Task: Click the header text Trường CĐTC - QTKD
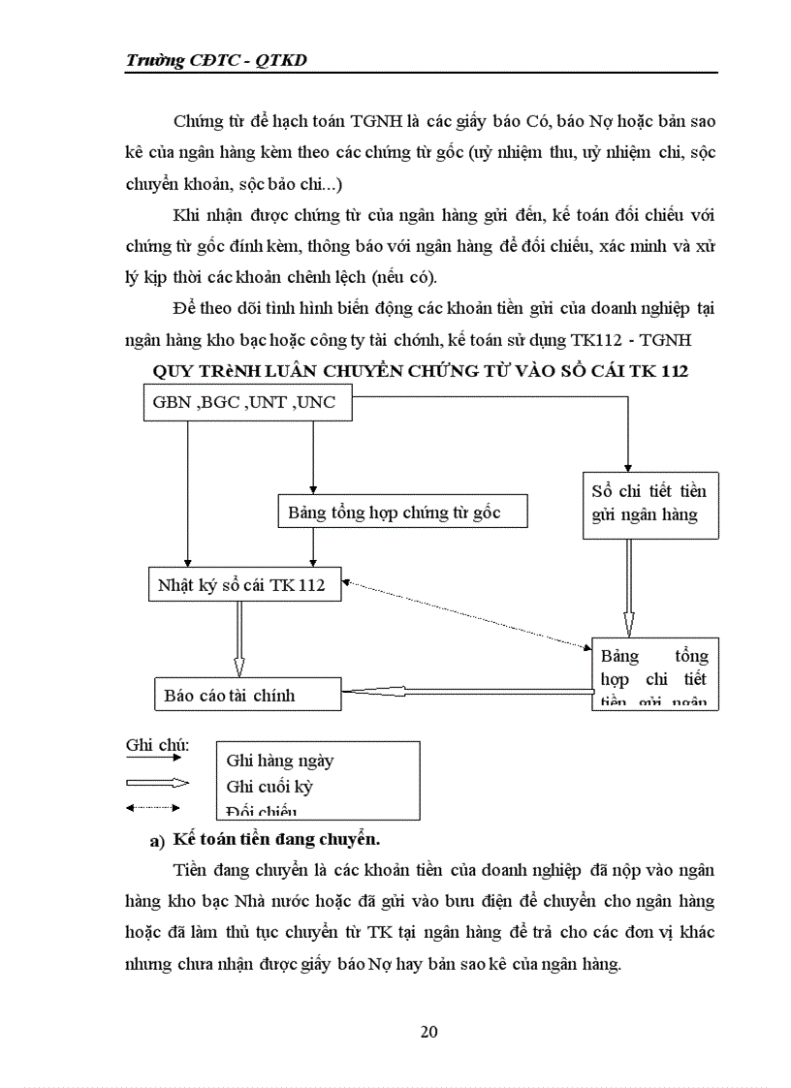click(x=223, y=60)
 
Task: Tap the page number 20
click(x=428, y=1031)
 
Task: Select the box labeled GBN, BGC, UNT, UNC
click(x=245, y=403)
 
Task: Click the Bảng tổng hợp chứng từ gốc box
click(x=402, y=513)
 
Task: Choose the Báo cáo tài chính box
click(x=247, y=695)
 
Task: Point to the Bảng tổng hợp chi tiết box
click(x=654, y=674)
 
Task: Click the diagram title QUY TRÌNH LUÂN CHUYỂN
click(x=421, y=371)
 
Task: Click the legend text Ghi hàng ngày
click(x=279, y=762)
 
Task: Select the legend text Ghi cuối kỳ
click(x=269, y=787)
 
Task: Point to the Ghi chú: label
click(x=157, y=745)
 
